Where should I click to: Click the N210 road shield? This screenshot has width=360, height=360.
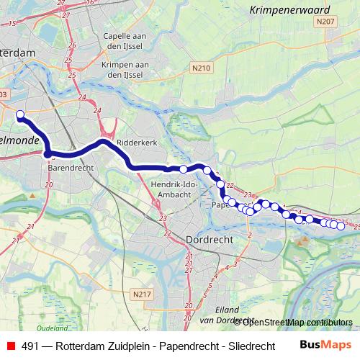(202, 68)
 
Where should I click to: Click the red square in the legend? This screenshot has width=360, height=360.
(10, 346)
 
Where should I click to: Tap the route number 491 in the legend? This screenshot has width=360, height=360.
(30, 346)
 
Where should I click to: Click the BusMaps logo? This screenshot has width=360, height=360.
(325, 345)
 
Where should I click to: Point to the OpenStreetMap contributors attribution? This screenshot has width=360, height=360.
(297, 322)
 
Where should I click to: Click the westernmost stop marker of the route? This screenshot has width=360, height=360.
(20, 114)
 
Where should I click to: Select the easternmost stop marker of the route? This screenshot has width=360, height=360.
(341, 226)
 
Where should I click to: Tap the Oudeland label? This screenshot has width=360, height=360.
(47, 328)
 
